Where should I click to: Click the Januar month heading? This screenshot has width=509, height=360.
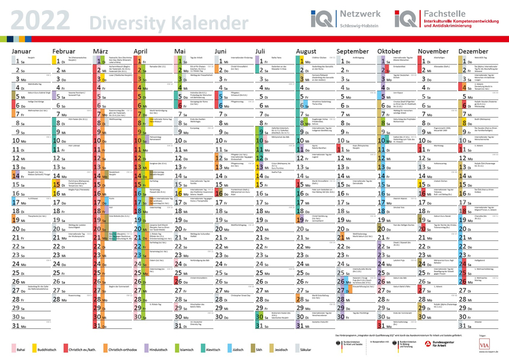pyautogui.click(x=22, y=50)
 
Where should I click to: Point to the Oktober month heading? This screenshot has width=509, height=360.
pyautogui.click(x=389, y=50)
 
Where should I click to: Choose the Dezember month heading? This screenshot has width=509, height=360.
pyautogui.click(x=473, y=50)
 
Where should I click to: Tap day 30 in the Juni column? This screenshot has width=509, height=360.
pyautogui.click(x=220, y=317)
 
